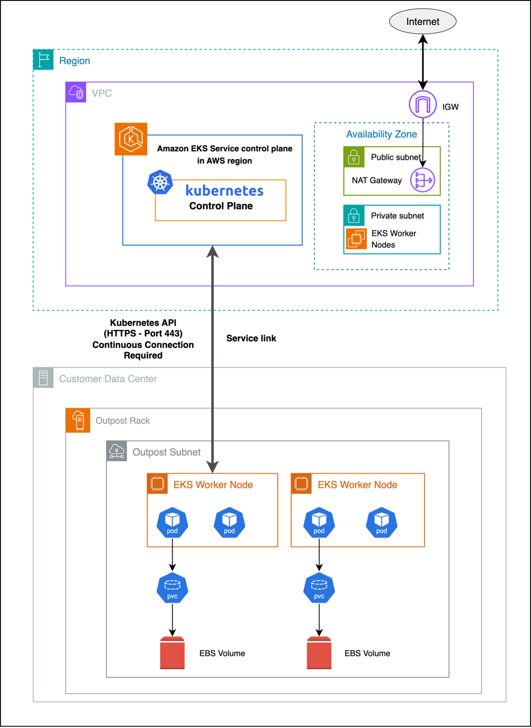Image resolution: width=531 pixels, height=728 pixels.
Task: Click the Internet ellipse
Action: point(423,22)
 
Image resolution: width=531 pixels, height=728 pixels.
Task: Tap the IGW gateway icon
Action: point(423,104)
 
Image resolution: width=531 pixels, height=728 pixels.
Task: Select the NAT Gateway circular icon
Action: point(423,180)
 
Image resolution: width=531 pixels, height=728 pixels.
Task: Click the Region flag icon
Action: point(43,60)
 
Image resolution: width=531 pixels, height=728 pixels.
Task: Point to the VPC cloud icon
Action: point(76,92)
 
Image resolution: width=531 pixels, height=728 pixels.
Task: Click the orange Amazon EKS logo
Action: point(131,139)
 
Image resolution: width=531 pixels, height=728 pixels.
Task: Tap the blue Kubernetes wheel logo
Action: point(160,182)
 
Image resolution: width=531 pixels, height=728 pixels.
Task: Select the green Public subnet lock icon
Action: point(354,157)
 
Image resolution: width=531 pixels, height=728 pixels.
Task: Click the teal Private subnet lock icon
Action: point(354,215)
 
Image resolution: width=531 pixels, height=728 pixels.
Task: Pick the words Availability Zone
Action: point(381,134)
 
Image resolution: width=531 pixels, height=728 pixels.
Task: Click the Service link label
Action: point(251,338)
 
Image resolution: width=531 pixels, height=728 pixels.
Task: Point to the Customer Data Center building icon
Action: point(43,378)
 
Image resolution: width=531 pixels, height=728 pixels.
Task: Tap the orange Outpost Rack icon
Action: point(78,420)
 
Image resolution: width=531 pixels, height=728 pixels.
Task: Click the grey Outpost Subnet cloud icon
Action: point(117,451)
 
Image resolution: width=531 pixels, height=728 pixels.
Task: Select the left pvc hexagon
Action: point(172,588)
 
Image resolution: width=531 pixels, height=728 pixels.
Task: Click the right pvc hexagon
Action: point(319,588)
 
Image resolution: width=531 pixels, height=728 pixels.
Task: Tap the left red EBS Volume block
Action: point(172,653)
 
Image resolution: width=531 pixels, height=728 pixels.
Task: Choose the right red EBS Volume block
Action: point(319,653)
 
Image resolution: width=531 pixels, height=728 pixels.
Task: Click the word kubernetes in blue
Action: point(224,191)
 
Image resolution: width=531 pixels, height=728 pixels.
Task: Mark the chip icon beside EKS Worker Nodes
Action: point(356,239)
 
